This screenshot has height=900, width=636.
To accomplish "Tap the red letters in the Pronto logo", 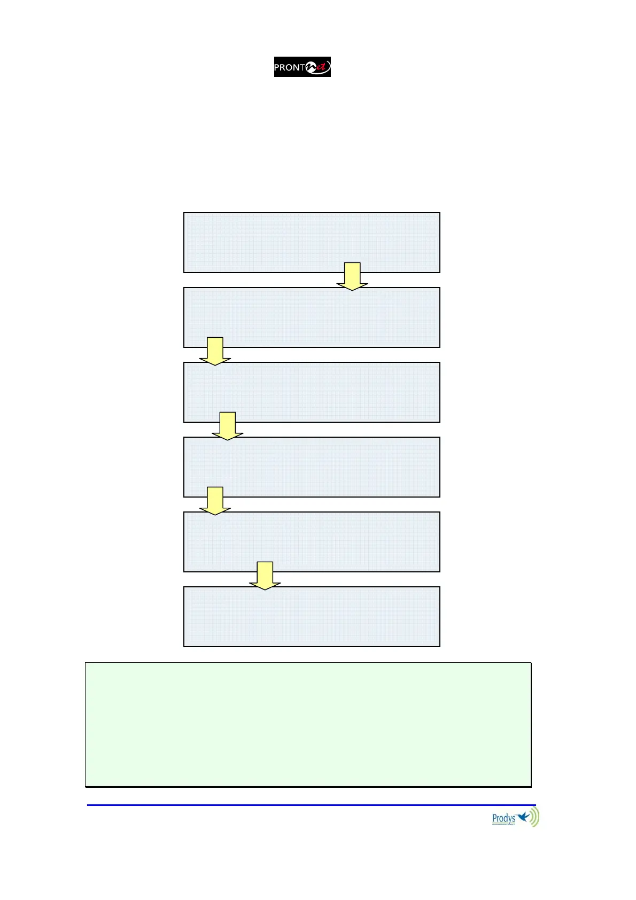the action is pyautogui.click(x=321, y=67).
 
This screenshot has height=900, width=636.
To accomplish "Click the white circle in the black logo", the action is pyautogui.click(x=310, y=67).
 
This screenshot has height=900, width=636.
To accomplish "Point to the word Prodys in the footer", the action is pyautogui.click(x=503, y=818).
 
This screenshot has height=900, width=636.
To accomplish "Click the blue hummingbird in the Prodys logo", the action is pyautogui.click(x=523, y=816).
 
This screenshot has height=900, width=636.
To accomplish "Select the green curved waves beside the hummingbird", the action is pyautogui.click(x=534, y=817).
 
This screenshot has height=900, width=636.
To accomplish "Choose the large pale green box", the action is pyautogui.click(x=308, y=725).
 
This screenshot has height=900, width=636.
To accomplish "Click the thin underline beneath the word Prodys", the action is pyautogui.click(x=503, y=825).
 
